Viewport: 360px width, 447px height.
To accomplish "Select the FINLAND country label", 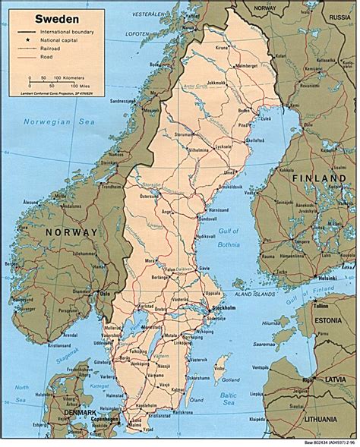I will tap(314, 178).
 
